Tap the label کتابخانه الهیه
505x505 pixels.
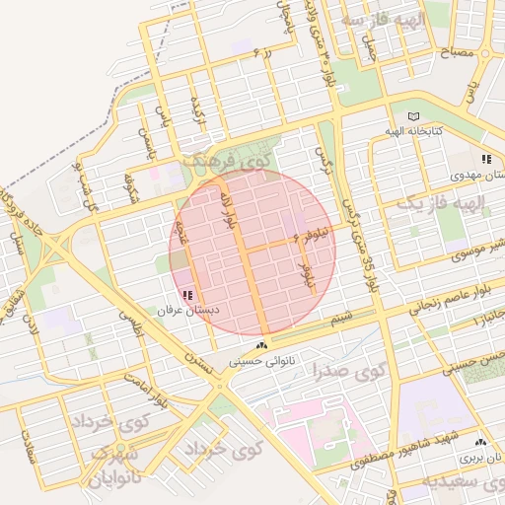[x=412, y=131]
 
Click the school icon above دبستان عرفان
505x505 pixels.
[x=188, y=295]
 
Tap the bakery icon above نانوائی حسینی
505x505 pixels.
[x=261, y=345]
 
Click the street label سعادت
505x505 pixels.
[x=26, y=451]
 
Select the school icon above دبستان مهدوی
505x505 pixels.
[x=486, y=159]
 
